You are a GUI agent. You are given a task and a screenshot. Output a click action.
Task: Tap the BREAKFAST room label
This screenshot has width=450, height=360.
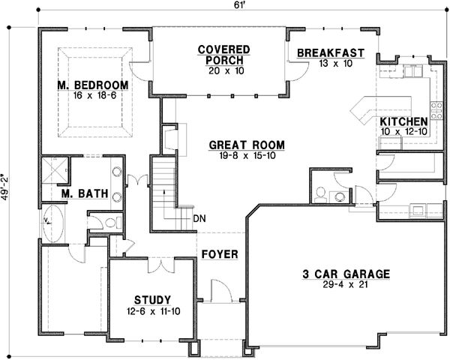tap(330, 52)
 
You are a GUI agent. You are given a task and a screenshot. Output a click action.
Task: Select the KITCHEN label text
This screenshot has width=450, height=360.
tap(403, 121)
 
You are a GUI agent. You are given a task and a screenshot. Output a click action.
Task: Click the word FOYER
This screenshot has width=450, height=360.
tap(220, 254)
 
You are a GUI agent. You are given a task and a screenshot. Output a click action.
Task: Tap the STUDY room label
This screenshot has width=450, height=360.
tap(153, 298)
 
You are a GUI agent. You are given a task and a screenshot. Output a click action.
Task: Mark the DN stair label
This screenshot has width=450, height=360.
tap(199, 218)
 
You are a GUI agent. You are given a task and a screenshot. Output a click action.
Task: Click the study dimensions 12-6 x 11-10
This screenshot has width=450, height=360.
tap(153, 310)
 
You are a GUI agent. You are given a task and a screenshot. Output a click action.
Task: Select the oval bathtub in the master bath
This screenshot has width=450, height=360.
tap(52, 223)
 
